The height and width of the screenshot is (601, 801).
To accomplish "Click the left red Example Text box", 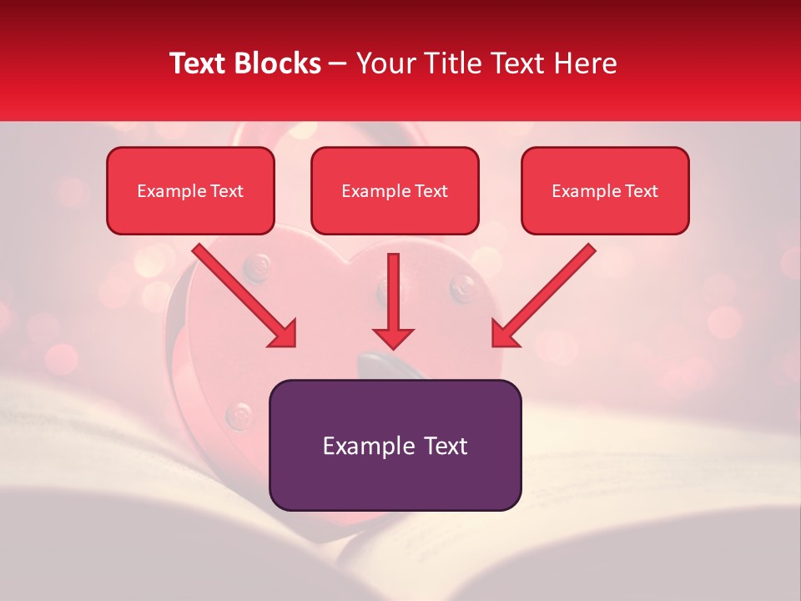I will coord(190,190).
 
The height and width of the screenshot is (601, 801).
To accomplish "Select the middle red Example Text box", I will coord(395,190).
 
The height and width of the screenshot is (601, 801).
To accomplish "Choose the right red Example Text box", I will coord(605,190).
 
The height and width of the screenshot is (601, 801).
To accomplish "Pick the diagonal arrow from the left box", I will coord(244,295).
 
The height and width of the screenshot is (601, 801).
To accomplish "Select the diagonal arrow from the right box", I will coord(544,295).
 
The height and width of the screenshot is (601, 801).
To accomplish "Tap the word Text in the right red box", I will coord(642,190).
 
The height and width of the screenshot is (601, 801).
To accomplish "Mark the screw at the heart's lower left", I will coord(240,412).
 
